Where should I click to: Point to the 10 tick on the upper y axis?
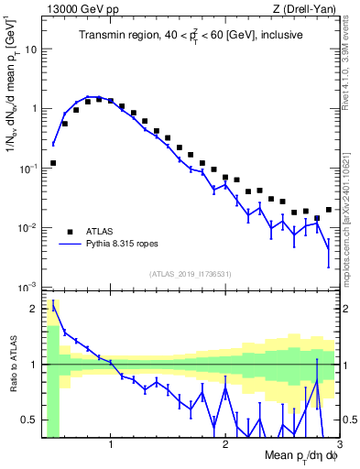pos(33,49)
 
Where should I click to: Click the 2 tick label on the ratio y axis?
pos(36,308)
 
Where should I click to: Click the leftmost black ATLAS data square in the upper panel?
pos(53,163)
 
